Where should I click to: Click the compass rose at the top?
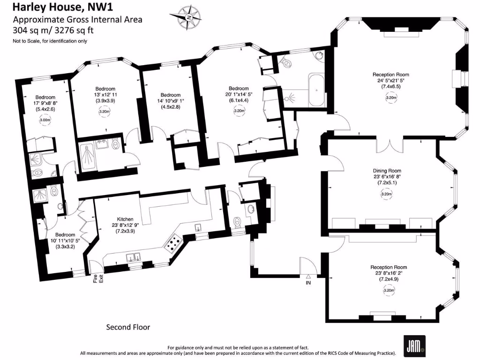188,17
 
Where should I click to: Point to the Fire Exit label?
97,278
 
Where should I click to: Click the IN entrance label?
308,283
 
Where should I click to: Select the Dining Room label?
387,171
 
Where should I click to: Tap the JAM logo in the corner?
413,342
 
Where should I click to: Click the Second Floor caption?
128,327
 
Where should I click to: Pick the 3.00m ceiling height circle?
45,120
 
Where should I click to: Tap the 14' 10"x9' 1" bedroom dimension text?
167,101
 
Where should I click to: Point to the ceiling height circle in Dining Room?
387,194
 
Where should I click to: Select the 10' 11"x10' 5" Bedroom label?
65,234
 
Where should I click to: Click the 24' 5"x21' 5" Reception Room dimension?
390,81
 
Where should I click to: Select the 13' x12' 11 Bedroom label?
105,89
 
